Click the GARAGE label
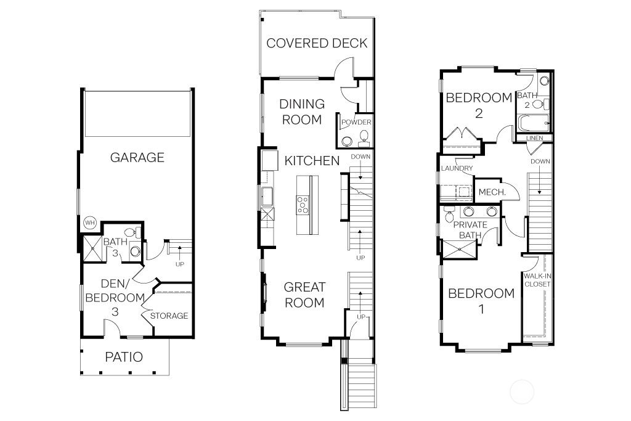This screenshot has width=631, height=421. pos(137,157)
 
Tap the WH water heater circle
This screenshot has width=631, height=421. pos(89,222)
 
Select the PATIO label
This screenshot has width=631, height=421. pos(123,357)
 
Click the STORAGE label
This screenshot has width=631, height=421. pos(169,316)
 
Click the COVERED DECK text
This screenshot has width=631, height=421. pos(317,43)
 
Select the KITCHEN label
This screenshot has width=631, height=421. pos(312,161)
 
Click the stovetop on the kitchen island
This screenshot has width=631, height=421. pos(303,204)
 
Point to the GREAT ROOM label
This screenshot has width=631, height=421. pos(304,295)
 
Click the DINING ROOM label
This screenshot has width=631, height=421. pos(302,112)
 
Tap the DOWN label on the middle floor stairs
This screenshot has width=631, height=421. pos(360,157)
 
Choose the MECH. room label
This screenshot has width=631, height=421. pos(492,192)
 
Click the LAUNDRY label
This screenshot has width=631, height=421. pos(457,168)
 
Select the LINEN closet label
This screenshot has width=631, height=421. pos(534,138)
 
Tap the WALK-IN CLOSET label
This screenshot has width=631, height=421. pos(537,280)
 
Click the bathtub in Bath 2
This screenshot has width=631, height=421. pos(534,123)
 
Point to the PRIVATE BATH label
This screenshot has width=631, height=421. pos(470,230)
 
